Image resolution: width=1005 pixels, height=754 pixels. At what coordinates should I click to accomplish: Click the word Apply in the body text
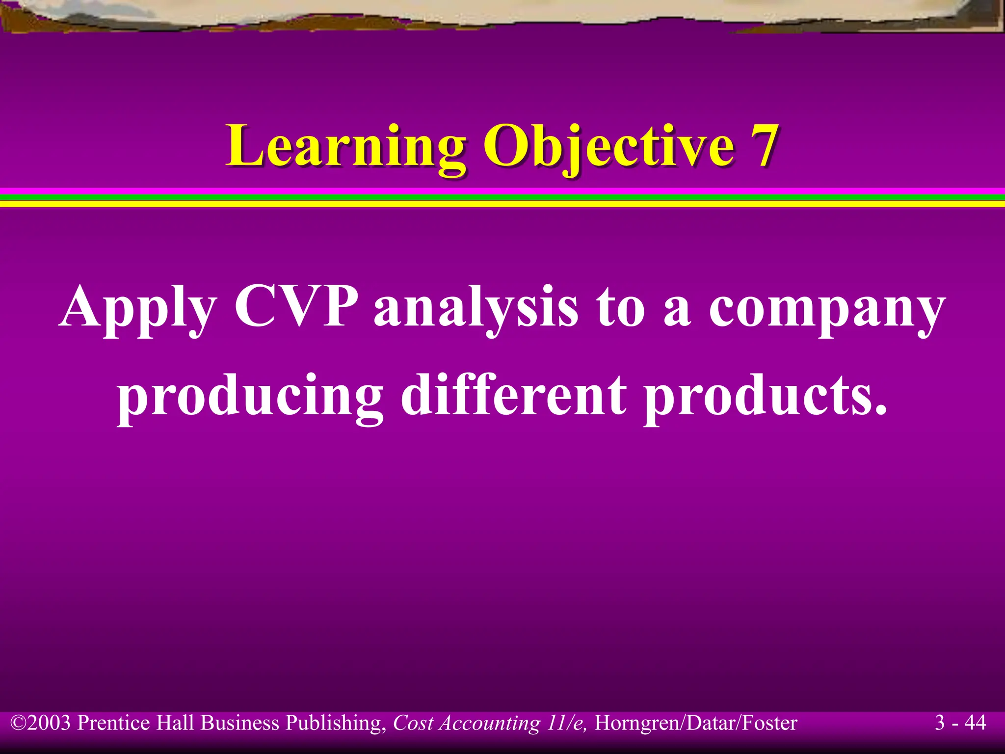tap(138, 307)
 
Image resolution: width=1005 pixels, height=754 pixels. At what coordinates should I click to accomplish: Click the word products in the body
tap(766, 396)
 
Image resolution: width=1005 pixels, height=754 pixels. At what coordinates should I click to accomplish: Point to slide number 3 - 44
tap(960, 723)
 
